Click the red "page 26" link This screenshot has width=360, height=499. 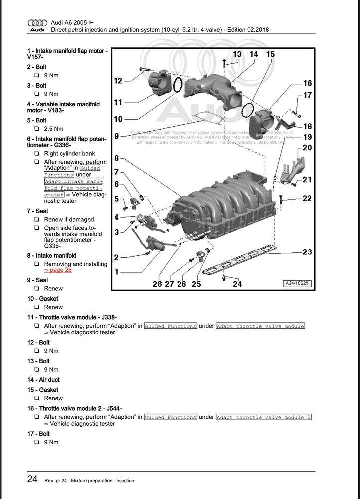pos(58,270)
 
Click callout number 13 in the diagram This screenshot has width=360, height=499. pos(237,54)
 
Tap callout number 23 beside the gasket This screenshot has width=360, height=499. pos(307,252)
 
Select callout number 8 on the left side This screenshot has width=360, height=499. pos(116,158)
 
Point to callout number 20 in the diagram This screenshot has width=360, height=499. pos(307,148)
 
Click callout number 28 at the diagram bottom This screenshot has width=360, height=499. pos(157,284)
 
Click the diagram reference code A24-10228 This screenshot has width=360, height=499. pos(298,283)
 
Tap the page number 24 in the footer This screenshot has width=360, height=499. pos(32,480)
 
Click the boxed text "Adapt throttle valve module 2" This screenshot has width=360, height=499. pos(263,417)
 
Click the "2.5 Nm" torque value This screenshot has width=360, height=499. pos(52,128)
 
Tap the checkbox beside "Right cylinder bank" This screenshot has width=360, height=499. pos(37,154)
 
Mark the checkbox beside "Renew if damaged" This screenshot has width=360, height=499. pos(37,220)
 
